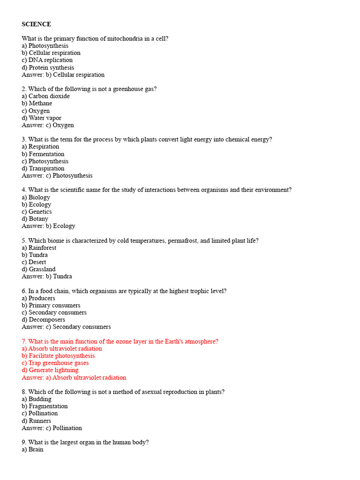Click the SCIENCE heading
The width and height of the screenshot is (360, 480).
point(36,24)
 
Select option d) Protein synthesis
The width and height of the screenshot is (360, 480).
point(48,67)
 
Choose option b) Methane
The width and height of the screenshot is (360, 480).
point(37,103)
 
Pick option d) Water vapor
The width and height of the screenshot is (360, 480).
point(42,118)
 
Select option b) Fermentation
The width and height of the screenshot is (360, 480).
point(43,154)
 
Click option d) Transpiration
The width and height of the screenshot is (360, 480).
point(43,168)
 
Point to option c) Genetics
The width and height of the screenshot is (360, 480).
point(37,211)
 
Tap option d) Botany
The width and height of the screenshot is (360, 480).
point(35,218)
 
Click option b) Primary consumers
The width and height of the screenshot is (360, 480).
point(51,305)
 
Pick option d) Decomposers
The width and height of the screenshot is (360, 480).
point(44,320)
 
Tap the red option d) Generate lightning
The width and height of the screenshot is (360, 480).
point(50,370)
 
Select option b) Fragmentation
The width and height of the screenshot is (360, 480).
point(45,406)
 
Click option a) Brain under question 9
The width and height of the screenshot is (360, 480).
point(33,449)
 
